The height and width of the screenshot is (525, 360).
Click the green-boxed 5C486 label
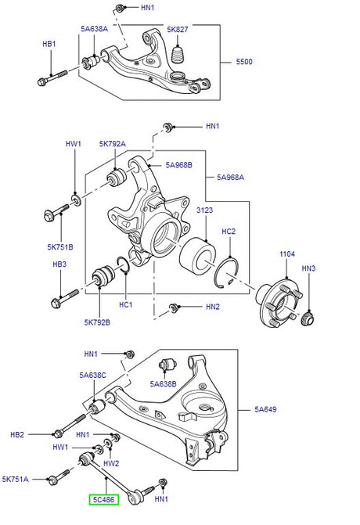point(103,498)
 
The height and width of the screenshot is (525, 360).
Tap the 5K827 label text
point(178,30)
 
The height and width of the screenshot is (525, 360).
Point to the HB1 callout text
point(49,45)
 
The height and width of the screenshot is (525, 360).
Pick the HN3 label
point(308,268)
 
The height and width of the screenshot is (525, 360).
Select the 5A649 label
point(266,409)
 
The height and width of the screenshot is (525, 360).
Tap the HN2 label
point(213,307)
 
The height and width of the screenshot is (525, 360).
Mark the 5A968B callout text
point(180,165)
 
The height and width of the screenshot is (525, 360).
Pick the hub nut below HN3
point(309,318)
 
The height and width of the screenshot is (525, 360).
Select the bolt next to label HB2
point(63,431)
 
